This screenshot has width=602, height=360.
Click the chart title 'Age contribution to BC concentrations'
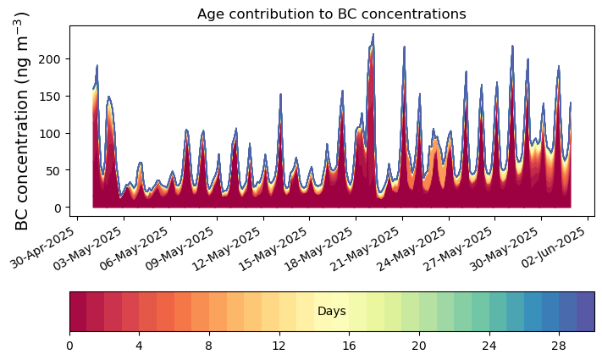[x=332, y=14]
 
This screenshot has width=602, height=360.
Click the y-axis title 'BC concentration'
[x=23, y=120]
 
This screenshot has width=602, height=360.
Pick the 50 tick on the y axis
[x=56, y=170]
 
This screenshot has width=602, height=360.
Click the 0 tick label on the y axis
[x=59, y=208]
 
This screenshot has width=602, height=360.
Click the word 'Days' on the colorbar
[x=332, y=312]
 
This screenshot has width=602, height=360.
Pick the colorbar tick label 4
[x=139, y=346]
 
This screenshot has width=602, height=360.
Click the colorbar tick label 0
[x=69, y=346]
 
